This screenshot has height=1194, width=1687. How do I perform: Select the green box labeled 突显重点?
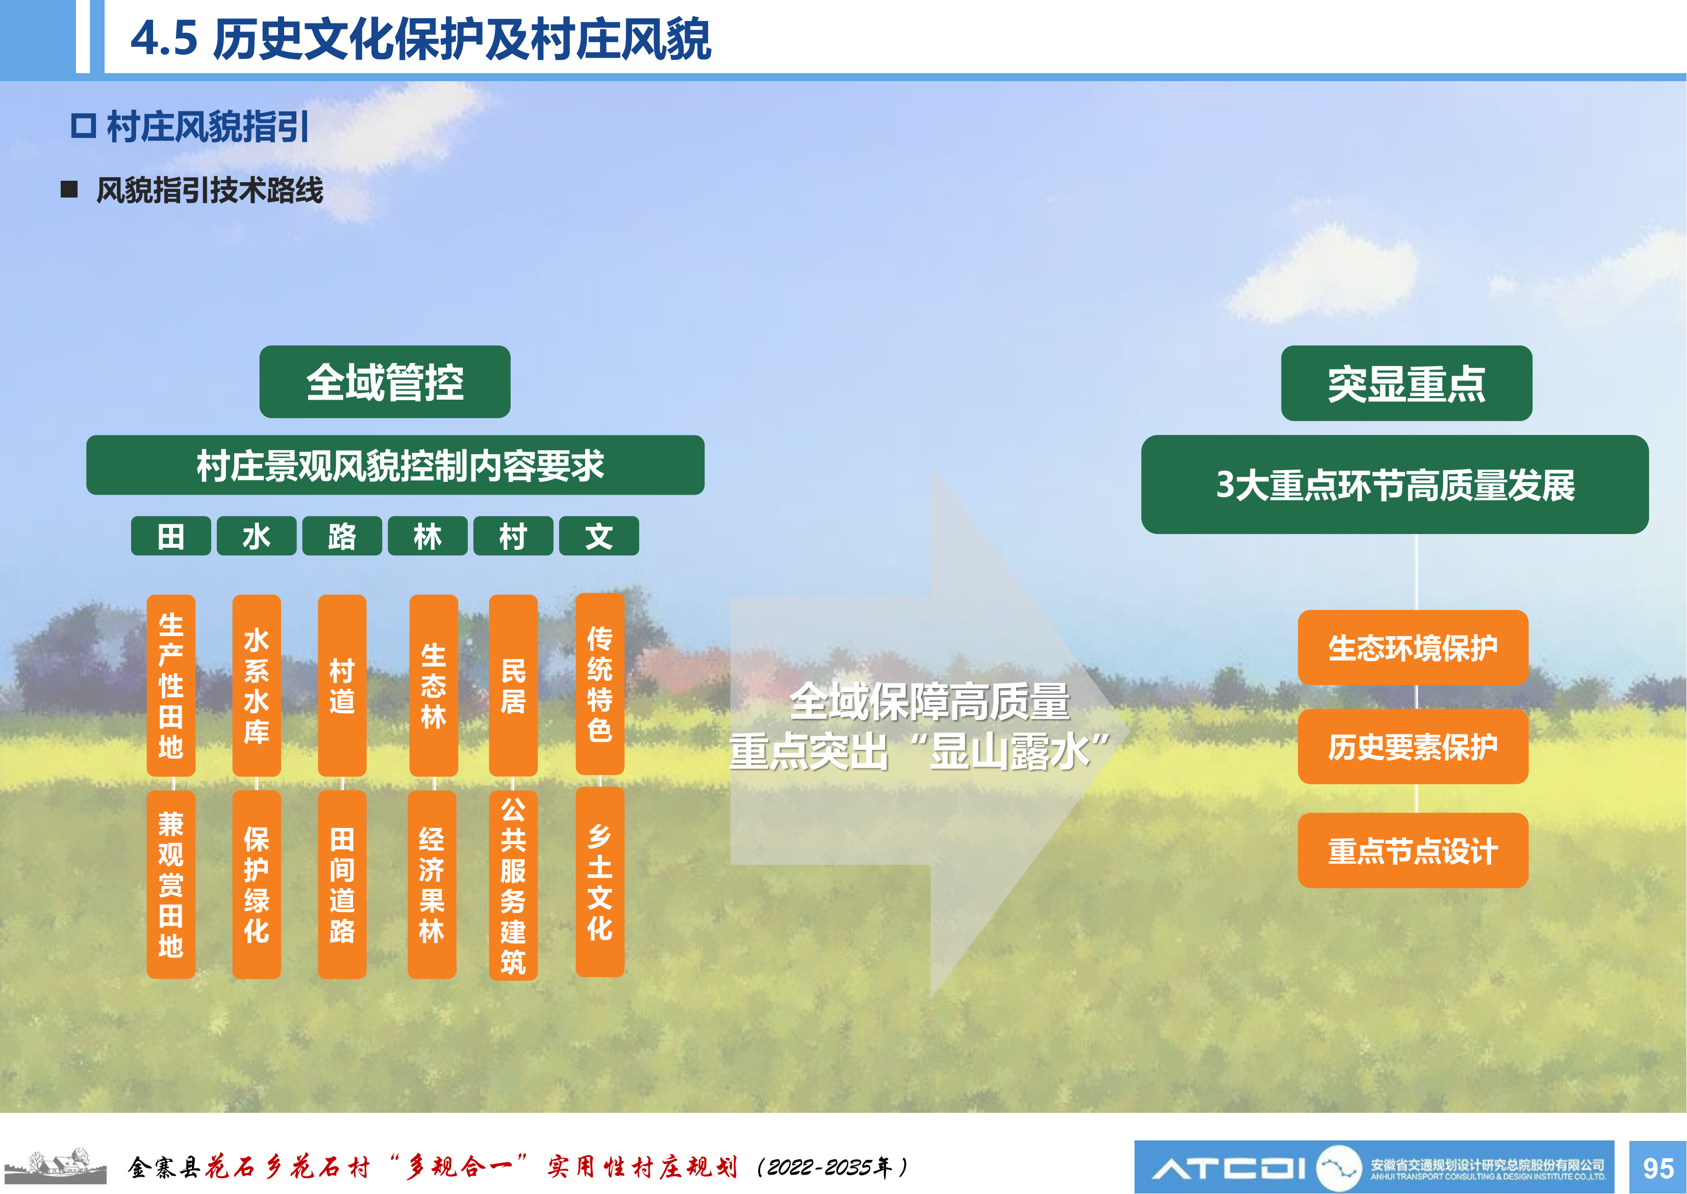click(1406, 383)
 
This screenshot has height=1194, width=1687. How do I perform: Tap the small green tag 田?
click(170, 536)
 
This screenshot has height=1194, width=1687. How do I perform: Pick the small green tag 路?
click(342, 536)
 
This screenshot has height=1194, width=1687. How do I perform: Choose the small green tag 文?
click(599, 536)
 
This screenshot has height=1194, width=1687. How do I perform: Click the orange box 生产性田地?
click(170, 685)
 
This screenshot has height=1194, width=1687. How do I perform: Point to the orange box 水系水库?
click(257, 685)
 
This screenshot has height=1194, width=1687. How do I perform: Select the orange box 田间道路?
click(342, 885)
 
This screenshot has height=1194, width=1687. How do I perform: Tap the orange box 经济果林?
click(432, 885)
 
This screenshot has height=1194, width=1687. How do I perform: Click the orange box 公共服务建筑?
click(513, 885)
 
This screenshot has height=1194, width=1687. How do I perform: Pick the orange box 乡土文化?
click(599, 882)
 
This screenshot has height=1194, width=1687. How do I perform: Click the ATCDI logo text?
click(1228, 1167)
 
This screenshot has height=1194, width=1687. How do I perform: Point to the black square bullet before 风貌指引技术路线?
click(69, 190)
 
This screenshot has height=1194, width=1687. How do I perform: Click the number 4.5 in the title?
click(164, 38)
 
